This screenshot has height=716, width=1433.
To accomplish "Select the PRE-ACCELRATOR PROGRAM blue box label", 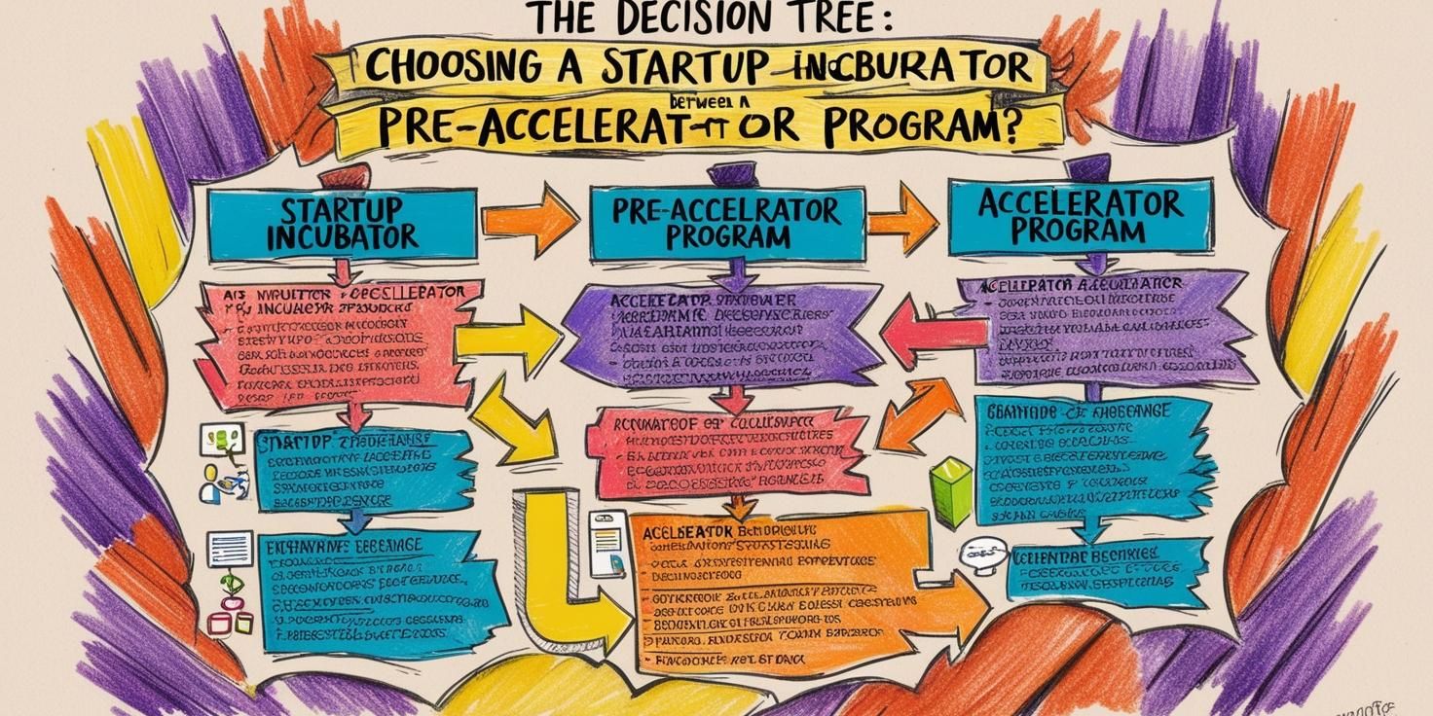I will tap(726, 223).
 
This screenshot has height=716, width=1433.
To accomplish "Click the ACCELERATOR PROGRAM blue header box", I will tap(1080, 216).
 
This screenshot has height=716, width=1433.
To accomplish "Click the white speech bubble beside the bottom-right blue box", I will tap(979, 555).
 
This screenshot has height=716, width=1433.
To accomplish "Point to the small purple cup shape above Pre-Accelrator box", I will tap(725, 174).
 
